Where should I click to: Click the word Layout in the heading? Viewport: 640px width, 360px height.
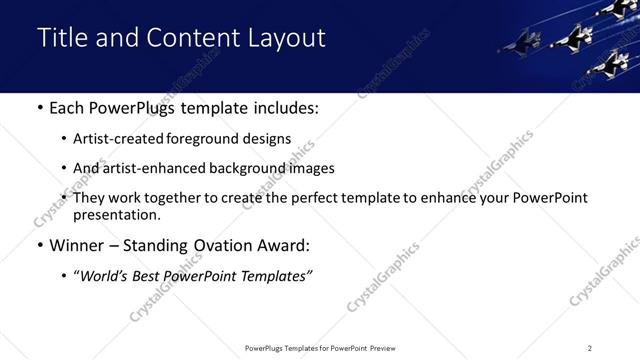(287, 39)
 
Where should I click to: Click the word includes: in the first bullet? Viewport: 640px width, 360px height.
(282, 107)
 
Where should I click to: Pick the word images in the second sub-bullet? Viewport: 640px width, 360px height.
(312, 168)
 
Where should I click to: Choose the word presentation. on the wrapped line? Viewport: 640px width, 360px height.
(117, 215)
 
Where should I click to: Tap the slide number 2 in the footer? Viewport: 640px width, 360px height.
(590, 348)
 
